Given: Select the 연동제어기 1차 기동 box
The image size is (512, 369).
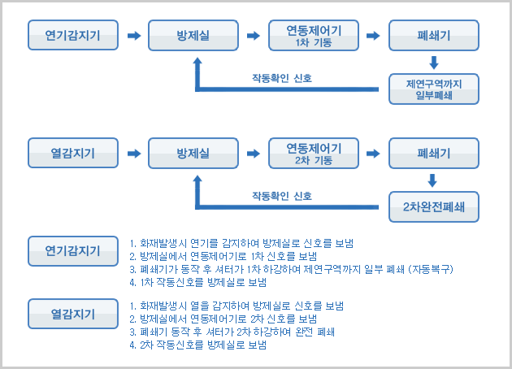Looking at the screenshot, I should (314, 36).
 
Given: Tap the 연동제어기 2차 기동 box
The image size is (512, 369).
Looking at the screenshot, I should (314, 152).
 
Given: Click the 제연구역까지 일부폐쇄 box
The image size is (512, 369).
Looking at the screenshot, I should (434, 89).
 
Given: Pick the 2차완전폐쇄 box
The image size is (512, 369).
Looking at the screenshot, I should (434, 206).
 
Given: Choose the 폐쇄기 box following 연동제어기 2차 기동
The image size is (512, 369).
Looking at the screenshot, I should (434, 152).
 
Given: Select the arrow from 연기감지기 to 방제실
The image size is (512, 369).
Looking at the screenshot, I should (133, 36).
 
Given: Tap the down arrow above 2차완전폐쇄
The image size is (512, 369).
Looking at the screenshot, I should (434, 180).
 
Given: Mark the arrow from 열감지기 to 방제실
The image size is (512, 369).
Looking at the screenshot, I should (133, 152).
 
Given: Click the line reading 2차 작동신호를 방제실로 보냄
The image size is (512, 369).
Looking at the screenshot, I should (198, 345).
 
